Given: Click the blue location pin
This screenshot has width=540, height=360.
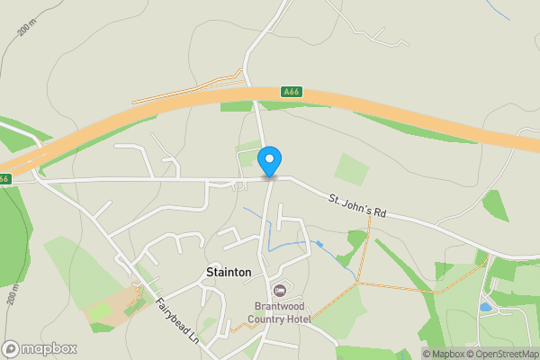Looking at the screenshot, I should tap(269, 161).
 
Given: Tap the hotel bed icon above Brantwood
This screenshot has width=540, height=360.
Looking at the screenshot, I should tap(279, 290).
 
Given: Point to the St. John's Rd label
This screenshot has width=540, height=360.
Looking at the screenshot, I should tap(356, 206).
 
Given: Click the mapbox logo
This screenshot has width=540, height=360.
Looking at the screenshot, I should tap(40, 348).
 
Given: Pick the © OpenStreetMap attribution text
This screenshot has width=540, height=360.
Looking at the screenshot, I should tap(499, 354).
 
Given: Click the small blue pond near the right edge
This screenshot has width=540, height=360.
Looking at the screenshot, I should tap(486, 307).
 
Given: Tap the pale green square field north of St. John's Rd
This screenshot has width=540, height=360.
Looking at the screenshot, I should tap(352, 168).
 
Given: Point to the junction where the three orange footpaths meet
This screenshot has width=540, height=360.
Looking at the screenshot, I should tap(357, 283).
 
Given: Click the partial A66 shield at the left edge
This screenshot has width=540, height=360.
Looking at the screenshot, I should tap(4, 178).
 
